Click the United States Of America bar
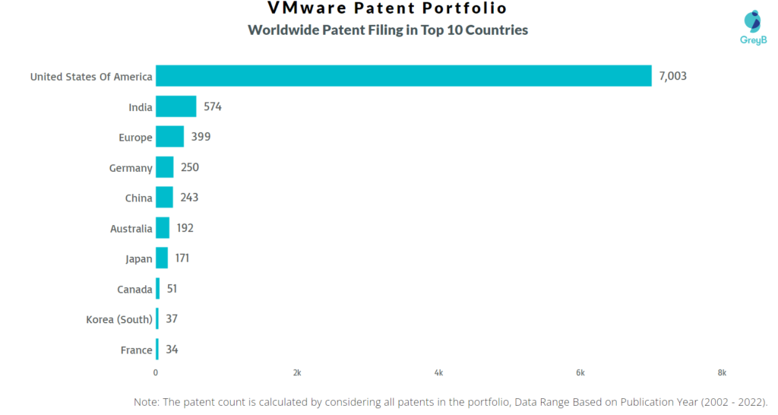point(403,76)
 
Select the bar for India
point(176,106)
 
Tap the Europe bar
point(170,137)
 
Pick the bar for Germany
point(165,167)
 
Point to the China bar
point(164,198)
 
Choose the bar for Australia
point(163,228)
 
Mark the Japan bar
point(162,258)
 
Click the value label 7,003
point(673,76)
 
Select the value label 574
point(212,106)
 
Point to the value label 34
point(172,350)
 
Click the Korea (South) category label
point(119,319)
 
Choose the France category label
point(135,350)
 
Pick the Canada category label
point(134,290)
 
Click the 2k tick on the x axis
point(297,372)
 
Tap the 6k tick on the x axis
point(580,372)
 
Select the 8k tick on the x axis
point(722,372)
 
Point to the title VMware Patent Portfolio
point(387,9)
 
